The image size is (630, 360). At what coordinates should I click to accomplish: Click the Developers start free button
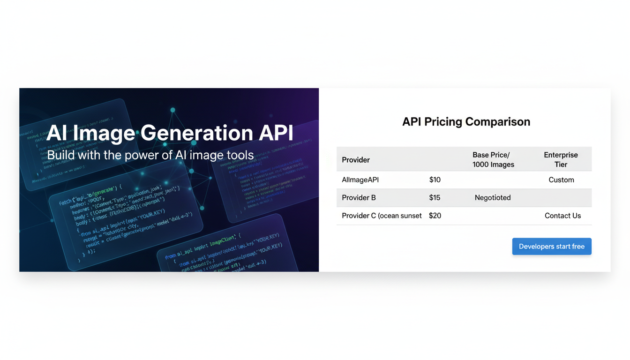(x=552, y=247)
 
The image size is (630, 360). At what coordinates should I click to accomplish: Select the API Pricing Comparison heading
(x=466, y=122)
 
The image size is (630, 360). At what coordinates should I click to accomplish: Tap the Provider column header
(x=356, y=160)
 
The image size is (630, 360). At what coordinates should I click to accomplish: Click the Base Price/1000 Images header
(x=493, y=160)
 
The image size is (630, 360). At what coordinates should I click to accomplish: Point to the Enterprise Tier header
(x=561, y=160)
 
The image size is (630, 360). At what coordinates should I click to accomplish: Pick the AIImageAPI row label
(x=360, y=180)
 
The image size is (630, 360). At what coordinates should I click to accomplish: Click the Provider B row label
(x=359, y=198)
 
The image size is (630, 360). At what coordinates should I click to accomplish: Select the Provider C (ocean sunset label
(x=382, y=216)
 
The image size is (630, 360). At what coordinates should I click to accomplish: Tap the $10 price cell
(x=435, y=180)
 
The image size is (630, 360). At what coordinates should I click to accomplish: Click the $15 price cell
(x=435, y=198)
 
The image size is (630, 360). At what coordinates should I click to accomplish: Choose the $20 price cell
(x=435, y=216)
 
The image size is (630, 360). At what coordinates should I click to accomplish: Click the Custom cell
(x=561, y=180)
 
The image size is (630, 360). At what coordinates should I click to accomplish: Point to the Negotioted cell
(x=493, y=198)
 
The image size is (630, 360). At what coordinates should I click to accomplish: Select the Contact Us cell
(x=562, y=216)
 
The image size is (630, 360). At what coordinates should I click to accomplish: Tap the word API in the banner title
(x=276, y=133)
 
